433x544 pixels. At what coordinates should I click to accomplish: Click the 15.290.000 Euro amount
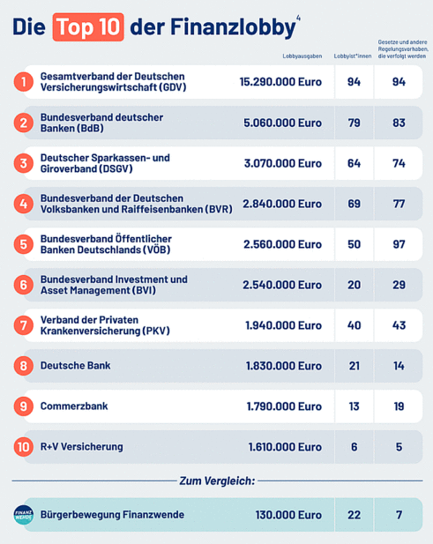[280, 82]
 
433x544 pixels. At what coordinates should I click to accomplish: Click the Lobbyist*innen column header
[355, 56]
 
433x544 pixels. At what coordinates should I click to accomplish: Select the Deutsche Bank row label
[75, 365]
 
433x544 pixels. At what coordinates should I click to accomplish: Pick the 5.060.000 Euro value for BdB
[282, 123]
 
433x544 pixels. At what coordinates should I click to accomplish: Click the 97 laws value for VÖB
[399, 243]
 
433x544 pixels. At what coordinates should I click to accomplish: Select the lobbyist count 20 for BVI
[355, 284]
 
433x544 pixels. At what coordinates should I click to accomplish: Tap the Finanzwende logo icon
[23, 514]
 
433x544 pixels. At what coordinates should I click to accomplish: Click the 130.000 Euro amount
[287, 514]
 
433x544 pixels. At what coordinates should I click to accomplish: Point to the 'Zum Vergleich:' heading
[216, 481]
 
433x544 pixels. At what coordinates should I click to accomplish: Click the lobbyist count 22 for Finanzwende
[355, 514]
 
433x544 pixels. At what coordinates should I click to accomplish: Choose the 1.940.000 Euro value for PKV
[283, 324]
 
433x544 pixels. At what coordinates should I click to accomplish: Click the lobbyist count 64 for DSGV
[355, 163]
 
